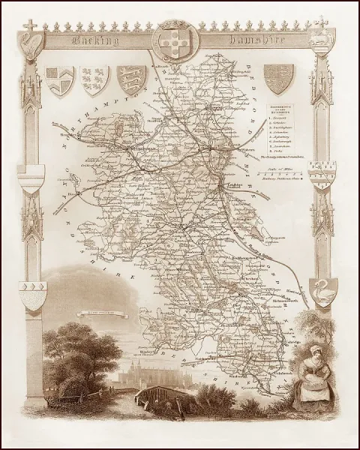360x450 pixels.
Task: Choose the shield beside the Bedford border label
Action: (x=280, y=78)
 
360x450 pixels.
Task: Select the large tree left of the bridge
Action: (x=82, y=352)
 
